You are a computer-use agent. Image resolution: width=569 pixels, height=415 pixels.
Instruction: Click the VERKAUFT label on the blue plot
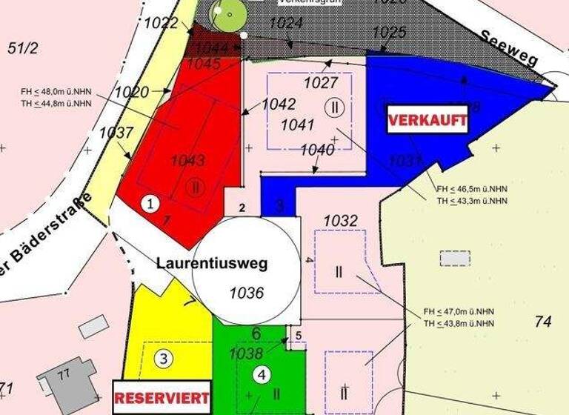pyautogui.click(x=428, y=119)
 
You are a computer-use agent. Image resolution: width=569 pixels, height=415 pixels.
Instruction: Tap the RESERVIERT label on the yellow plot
pyautogui.click(x=162, y=397)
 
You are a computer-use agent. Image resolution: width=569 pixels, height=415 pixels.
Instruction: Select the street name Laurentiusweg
pyautogui.click(x=212, y=263)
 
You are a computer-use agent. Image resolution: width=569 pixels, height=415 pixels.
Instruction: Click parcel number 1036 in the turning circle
pyautogui.click(x=247, y=293)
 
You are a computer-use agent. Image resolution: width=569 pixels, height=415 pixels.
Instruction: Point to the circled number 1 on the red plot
pyautogui.click(x=150, y=202)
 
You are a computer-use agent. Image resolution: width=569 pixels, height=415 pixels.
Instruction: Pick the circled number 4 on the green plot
pyautogui.click(x=261, y=375)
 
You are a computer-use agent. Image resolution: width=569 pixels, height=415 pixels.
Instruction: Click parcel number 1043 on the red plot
pyautogui.click(x=187, y=160)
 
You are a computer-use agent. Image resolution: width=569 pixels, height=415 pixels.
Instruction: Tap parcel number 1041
pyautogui.click(x=297, y=124)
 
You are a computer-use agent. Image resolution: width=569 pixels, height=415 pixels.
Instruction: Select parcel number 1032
pyautogui.click(x=340, y=221)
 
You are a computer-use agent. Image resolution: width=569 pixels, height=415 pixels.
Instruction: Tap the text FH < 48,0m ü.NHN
pyautogui.click(x=56, y=93)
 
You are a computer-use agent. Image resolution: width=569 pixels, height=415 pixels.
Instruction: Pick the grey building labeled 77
pyautogui.click(x=69, y=380)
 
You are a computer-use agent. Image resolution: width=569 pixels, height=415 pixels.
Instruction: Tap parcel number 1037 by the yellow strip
pyautogui.click(x=116, y=133)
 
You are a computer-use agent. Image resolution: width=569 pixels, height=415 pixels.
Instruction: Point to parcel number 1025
pyautogui.click(x=388, y=32)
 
